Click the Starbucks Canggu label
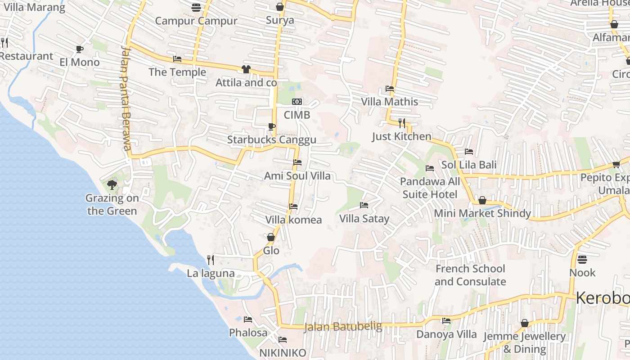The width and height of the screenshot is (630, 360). coord(271,139)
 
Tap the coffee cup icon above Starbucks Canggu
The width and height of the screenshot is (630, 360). coord(271,126)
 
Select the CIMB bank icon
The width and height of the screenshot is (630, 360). coord(297,102)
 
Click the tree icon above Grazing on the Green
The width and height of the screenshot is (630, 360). coord(112,184)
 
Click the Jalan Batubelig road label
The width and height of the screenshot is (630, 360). coord(343,326)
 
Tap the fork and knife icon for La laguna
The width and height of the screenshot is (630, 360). coord(210,260)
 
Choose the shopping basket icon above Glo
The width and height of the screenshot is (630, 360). coord(271,237)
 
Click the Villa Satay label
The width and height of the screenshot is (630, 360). coord(364,219)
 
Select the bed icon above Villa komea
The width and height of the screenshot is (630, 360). coord(293,207)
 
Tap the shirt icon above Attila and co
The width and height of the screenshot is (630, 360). coord(246,69)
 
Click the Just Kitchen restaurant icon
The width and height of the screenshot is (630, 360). coord(402,123)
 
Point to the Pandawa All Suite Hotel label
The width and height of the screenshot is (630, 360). coord(430,188)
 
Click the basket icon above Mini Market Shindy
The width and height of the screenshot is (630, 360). coord(482,200)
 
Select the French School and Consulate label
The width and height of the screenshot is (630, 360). coord(470,275)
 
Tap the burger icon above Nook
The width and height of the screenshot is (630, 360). coord(582,259)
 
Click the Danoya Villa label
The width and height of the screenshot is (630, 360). coord(446,334)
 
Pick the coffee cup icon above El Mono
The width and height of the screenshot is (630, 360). coord(80,49)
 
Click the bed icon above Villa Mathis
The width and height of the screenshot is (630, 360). coord(390,89)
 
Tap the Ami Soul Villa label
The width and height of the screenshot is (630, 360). coord(297,175)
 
